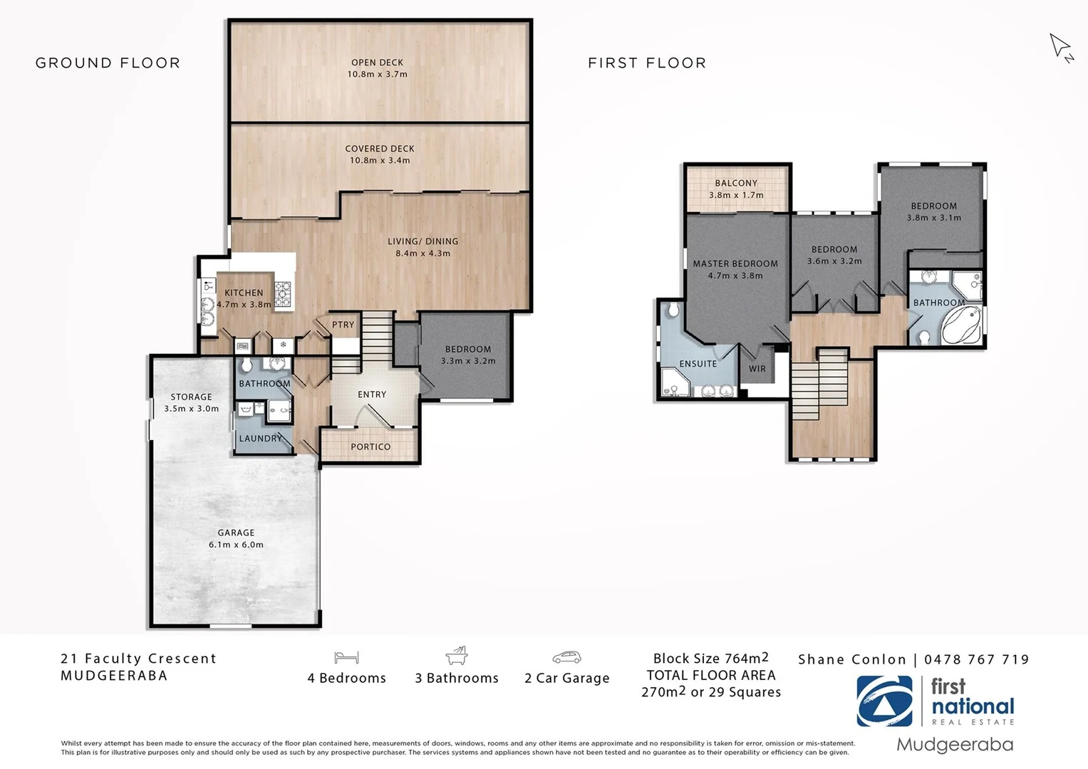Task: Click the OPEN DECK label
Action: point(377,63)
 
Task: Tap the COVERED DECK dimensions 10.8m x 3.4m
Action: point(379,161)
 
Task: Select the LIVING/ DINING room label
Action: point(423,241)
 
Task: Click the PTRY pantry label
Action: point(343,325)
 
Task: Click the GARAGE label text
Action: point(236,533)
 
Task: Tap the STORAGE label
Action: point(191,397)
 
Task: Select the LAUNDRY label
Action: point(260,439)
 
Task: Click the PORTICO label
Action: point(371,447)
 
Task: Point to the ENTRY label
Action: point(372,394)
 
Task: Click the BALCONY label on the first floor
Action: point(736,184)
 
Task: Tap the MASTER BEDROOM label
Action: point(735,263)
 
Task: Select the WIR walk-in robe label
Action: point(757,369)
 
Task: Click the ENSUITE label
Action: point(698,364)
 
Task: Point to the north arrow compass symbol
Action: point(1061,48)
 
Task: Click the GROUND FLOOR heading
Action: point(108,63)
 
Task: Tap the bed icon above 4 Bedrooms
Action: point(346,657)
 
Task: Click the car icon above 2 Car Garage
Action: point(566,657)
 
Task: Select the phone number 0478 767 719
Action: point(977,659)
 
